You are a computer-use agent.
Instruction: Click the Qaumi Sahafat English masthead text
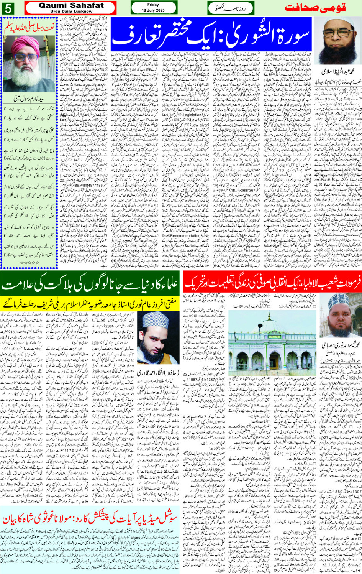[71, 5]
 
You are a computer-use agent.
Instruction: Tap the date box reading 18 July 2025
[153, 8]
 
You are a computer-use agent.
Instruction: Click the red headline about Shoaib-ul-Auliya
[272, 285]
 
